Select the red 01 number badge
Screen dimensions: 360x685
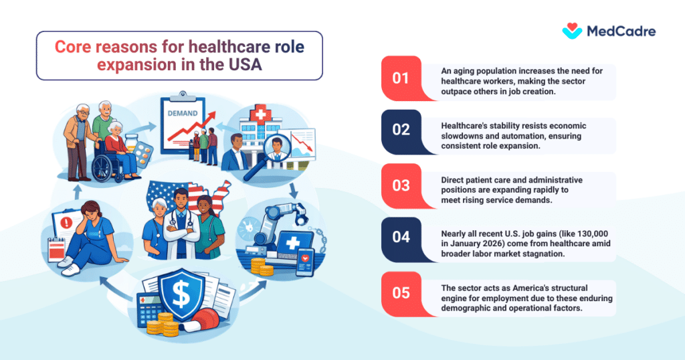coord(401,78)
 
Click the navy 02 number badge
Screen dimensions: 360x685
coord(401,130)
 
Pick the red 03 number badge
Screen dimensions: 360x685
coord(401,184)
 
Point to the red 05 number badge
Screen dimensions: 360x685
coord(401,292)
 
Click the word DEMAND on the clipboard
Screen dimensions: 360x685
coord(182,114)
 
